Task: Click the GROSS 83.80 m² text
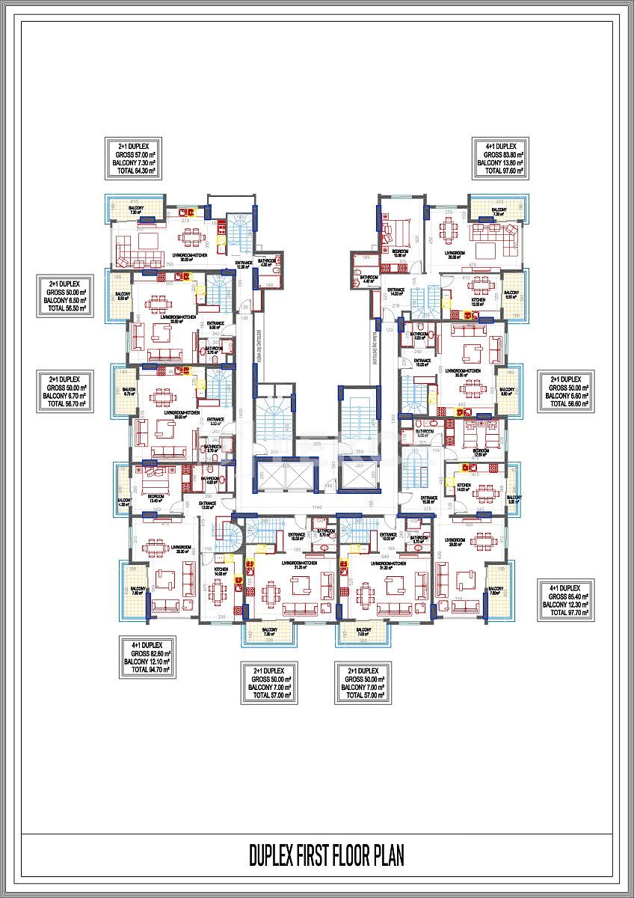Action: (500, 154)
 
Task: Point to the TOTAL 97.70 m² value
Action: (565, 612)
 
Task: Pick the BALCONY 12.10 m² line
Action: (147, 662)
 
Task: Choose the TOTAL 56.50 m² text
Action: (67, 308)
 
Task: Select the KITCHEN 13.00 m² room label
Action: (478, 302)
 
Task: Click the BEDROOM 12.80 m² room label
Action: (481, 452)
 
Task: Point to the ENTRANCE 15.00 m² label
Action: (429, 500)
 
